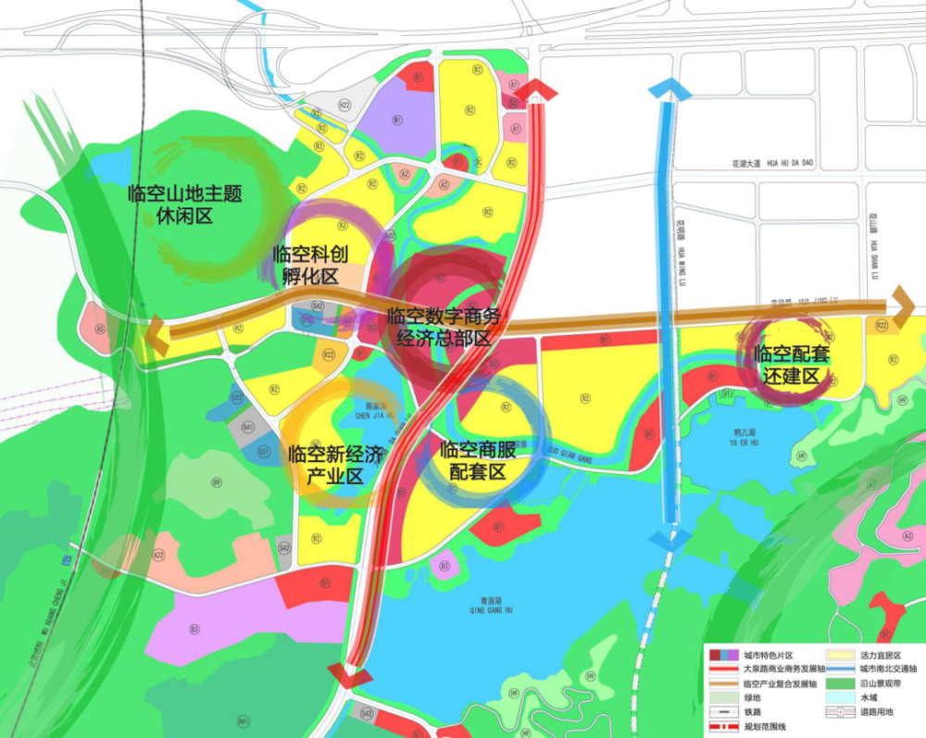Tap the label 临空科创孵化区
coord(310,264)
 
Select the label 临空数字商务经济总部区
coord(444,327)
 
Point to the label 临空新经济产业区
coord(334,466)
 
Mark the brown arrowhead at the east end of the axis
coord(903,304)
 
